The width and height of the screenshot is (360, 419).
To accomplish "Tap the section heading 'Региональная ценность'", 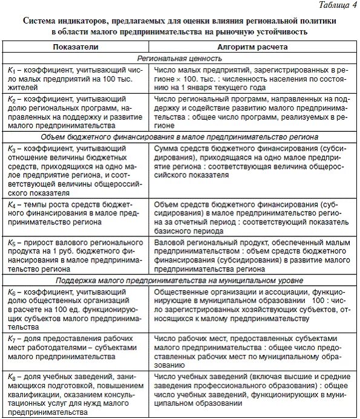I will tap(179, 59).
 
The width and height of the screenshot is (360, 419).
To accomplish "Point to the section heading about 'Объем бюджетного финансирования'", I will tap(179, 137).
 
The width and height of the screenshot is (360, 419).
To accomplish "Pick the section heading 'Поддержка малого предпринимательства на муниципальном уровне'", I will tap(179, 281).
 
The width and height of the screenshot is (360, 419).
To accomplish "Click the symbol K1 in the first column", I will tap(11, 70).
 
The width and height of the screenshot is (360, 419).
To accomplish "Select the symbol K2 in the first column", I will tap(11, 99).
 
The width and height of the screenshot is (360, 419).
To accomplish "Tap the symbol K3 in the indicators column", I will tap(11, 148).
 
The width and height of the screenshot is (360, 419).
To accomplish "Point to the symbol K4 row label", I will tap(11, 206).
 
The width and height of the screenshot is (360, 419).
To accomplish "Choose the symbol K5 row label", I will tap(11, 243).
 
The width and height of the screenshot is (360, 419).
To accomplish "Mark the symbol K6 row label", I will tap(11, 292).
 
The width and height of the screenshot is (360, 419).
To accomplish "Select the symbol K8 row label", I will tap(11, 377).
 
